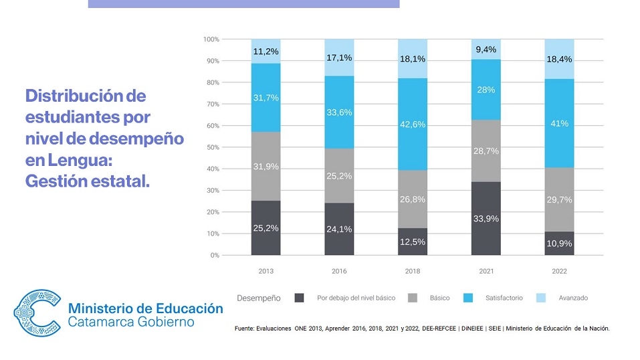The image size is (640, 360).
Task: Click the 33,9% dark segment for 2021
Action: click(486, 218)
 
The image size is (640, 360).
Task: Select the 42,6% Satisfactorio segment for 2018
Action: click(413, 124)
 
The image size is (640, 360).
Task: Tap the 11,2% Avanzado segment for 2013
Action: click(266, 51)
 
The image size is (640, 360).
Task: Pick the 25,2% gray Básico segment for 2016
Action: click(339, 175)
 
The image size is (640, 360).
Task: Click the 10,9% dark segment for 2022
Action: click(559, 244)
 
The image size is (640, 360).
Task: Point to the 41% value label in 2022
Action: click(559, 123)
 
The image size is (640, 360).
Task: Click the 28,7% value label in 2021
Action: click(486, 152)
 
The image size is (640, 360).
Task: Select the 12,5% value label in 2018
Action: click(413, 242)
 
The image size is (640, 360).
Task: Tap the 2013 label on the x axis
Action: click(266, 272)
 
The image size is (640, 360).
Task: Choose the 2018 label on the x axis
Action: click(413, 272)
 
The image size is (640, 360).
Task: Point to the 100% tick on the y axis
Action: click(211, 39)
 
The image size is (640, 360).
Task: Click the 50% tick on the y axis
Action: click(212, 147)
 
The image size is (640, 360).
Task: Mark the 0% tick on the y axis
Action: click(215, 256)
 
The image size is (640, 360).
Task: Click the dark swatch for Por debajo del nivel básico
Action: click(300, 298)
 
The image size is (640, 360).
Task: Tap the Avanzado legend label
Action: click(573, 298)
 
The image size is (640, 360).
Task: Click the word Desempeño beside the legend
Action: click(259, 298)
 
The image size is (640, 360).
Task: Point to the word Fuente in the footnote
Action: click(244, 329)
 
